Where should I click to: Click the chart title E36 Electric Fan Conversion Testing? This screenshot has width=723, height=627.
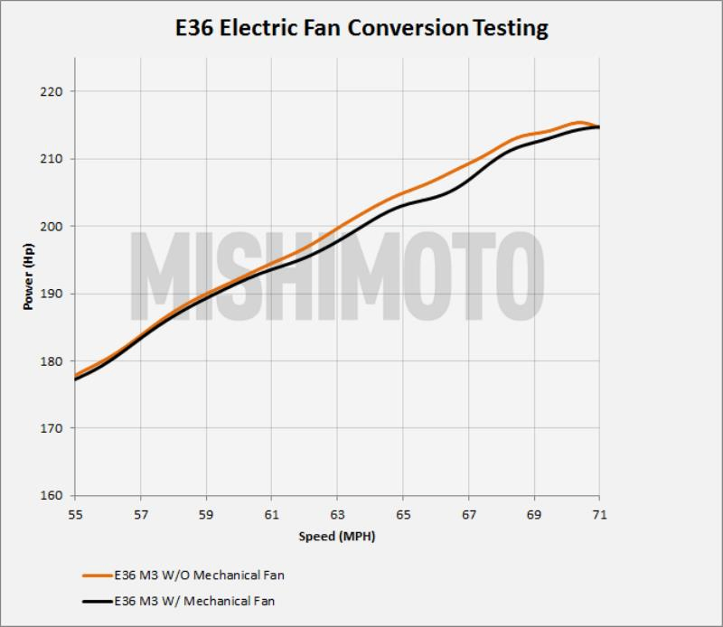tap(361, 28)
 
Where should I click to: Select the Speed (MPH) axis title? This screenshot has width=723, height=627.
tap(337, 537)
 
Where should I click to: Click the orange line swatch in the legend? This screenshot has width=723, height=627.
tap(97, 575)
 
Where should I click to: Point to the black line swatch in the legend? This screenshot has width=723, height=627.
tap(97, 601)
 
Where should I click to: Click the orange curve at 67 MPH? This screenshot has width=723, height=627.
tap(468, 164)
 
